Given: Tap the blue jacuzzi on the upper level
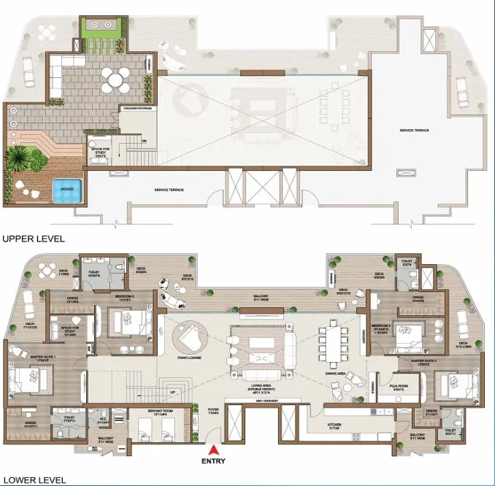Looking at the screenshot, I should [69, 188].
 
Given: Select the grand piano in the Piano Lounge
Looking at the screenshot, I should [190, 337].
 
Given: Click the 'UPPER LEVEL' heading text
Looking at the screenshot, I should [33, 239].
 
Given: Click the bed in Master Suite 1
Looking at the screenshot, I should [28, 379].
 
